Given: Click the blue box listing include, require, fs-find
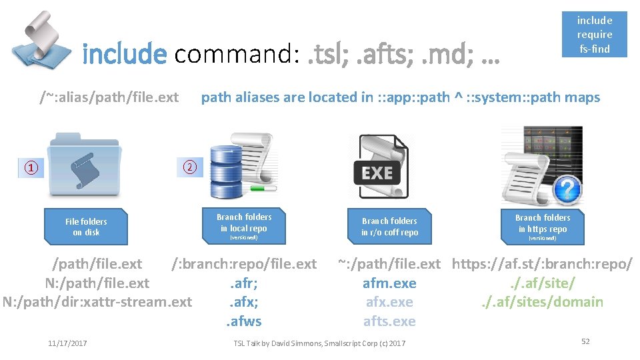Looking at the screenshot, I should [594, 34].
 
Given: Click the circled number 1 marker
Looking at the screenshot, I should [32, 168].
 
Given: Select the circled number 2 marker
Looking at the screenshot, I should [189, 167].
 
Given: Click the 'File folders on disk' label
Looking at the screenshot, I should [86, 227].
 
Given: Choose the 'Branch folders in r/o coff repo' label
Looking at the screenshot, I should [389, 227].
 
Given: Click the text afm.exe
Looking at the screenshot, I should [389, 283].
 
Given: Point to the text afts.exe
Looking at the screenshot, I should [389, 321].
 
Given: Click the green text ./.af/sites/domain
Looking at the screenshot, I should [542, 302].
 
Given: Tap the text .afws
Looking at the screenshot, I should [243, 321].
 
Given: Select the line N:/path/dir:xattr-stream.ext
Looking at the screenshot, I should [97, 302].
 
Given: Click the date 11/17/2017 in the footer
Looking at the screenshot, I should [67, 343].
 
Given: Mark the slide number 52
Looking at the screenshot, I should [585, 341].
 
